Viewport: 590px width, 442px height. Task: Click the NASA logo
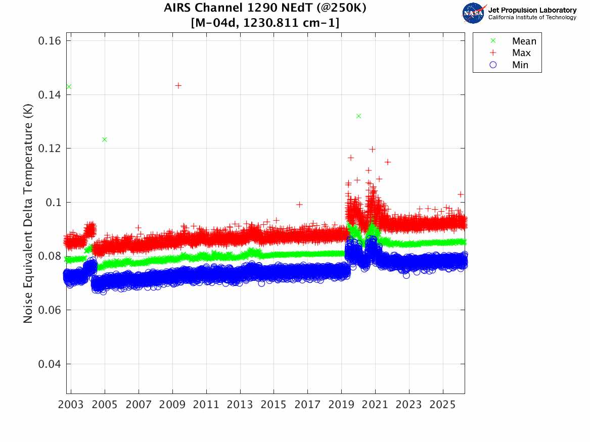[473, 13]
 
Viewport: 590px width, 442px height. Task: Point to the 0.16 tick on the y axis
[49, 40]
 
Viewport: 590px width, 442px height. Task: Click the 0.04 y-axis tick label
[49, 364]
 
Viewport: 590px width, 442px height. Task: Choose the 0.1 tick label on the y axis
[53, 202]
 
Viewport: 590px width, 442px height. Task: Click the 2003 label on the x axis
[71, 405]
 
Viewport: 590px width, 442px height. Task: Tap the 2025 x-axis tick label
[443, 405]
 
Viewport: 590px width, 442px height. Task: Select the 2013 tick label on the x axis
[240, 405]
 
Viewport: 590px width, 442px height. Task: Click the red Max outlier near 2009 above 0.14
[178, 86]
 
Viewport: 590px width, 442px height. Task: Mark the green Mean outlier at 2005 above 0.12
[105, 139]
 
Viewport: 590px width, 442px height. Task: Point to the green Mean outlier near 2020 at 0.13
[358, 116]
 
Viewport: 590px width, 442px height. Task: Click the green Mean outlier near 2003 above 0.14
[69, 87]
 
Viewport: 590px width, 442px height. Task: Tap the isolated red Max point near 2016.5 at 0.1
[299, 205]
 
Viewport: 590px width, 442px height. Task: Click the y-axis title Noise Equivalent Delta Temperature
[28, 213]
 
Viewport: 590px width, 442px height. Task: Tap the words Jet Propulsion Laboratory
[532, 10]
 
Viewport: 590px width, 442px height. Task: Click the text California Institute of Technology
[532, 17]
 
